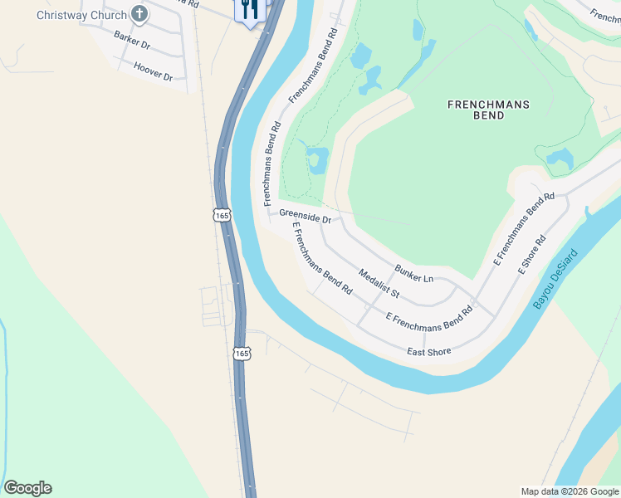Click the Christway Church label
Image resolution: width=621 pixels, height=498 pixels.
81,15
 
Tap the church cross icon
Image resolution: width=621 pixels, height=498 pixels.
139,14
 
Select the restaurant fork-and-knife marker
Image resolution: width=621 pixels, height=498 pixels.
251,10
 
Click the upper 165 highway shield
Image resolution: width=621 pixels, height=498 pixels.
221,215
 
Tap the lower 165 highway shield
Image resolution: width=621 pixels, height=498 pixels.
241,354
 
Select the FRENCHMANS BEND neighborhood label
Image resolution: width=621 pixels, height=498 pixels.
488,110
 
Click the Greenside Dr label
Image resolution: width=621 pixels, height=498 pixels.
306,217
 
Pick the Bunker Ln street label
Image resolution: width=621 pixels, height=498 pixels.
414,272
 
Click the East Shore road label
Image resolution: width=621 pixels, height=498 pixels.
429,352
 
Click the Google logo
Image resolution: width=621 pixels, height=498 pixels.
27,488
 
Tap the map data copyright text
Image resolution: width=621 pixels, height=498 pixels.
570,491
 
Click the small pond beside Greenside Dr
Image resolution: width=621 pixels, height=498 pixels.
317,159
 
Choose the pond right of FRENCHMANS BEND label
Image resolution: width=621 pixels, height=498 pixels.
560,158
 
